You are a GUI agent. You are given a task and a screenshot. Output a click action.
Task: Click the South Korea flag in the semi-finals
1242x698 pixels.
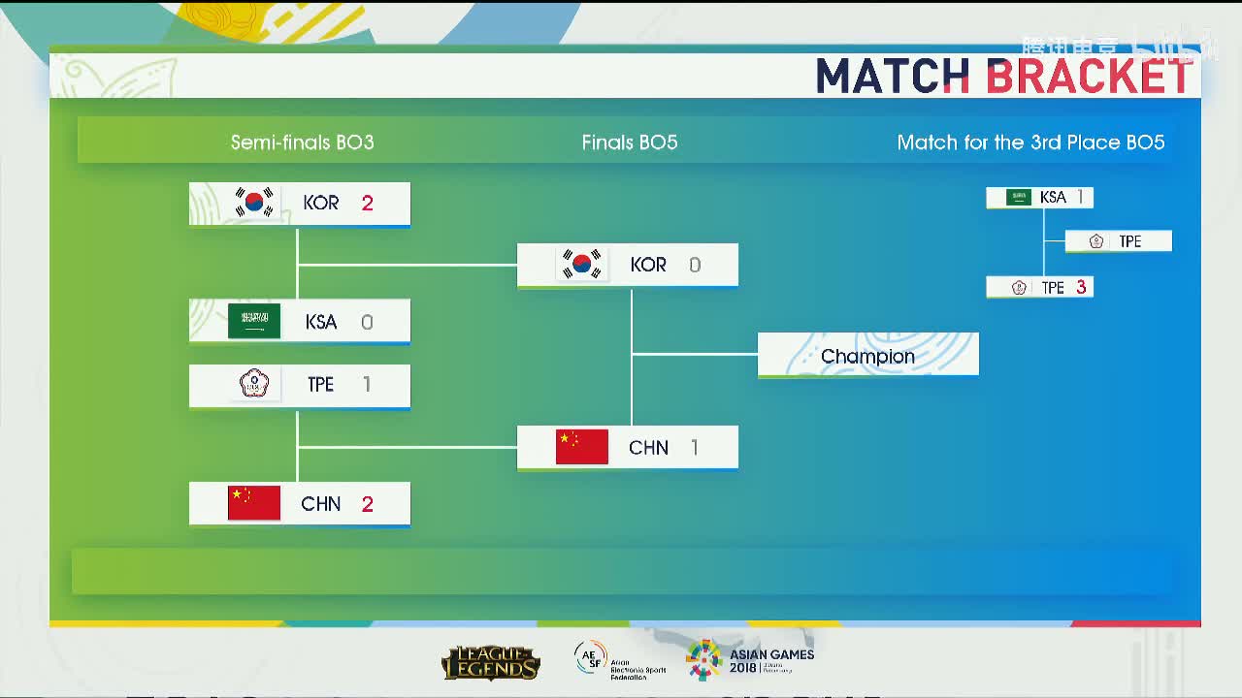[254, 203]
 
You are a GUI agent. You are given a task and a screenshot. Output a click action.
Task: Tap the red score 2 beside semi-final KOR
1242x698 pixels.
[367, 203]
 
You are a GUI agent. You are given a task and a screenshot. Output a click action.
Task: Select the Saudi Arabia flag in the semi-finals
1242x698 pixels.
[254, 321]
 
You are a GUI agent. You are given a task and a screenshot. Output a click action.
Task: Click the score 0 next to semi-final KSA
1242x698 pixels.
[367, 322]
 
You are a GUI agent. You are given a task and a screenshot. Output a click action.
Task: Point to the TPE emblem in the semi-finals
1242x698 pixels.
[253, 384]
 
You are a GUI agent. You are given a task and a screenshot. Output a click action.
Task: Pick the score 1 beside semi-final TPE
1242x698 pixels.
[367, 384]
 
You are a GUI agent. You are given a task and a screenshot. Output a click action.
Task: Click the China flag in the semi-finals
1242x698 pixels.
[254, 503]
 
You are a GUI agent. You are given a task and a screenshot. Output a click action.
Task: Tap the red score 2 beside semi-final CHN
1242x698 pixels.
[367, 504]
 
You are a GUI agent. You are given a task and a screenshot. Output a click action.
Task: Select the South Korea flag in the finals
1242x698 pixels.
[582, 264]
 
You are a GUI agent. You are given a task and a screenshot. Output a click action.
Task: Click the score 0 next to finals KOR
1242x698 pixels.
[695, 265]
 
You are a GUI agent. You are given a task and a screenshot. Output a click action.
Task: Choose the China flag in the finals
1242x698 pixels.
[582, 447]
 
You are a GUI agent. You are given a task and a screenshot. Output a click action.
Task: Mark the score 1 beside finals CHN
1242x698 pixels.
[695, 447]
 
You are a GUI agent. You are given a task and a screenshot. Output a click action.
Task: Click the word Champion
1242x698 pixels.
[867, 356]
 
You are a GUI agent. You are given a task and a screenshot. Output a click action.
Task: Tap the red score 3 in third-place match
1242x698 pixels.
[1081, 288]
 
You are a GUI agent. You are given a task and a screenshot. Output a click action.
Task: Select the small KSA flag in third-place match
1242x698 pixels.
[1019, 197]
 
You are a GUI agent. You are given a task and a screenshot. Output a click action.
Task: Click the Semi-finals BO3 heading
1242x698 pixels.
[302, 143]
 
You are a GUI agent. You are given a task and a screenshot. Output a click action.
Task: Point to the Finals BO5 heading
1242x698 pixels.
[630, 143]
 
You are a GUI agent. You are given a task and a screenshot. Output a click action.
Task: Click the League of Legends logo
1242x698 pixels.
[490, 663]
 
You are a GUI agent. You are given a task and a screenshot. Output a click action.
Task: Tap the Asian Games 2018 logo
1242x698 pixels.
[750, 660]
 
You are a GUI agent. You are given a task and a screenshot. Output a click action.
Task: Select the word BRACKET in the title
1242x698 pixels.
[1090, 77]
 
